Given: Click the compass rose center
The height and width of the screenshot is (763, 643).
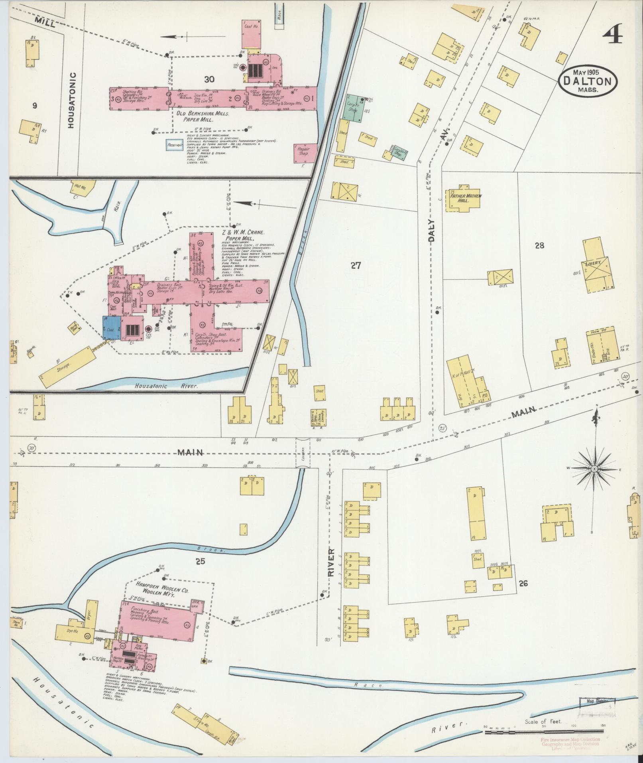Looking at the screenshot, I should (x=594, y=468).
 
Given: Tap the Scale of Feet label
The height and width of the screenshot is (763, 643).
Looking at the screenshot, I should (x=543, y=721).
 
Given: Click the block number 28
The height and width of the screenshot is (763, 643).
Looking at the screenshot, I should (x=539, y=246).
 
